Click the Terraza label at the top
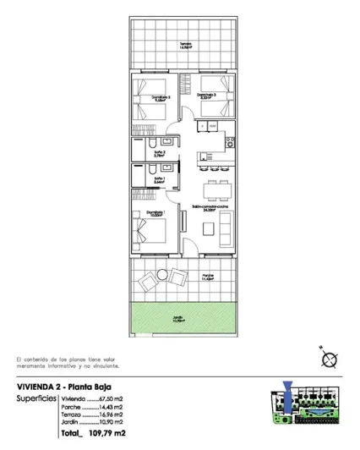[184, 46]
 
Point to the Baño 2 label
[159, 153]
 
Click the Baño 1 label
[159, 179]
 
